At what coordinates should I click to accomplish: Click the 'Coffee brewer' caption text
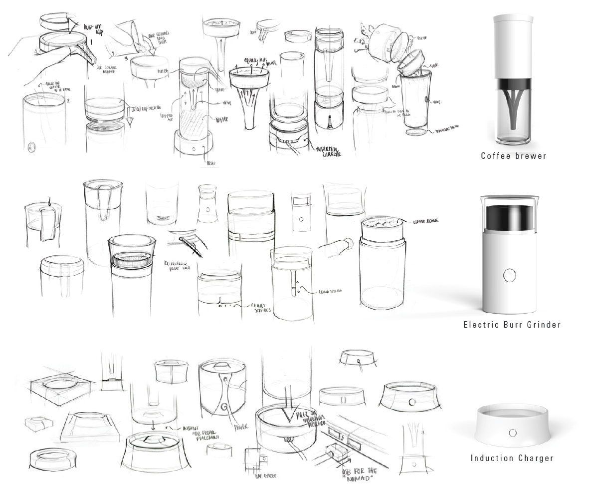tap(513, 156)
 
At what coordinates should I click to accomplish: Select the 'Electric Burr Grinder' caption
tap(512, 325)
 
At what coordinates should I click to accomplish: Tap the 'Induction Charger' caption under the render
tap(512, 458)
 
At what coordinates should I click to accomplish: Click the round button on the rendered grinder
tap(509, 275)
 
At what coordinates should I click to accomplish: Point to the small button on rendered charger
tap(512, 432)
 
